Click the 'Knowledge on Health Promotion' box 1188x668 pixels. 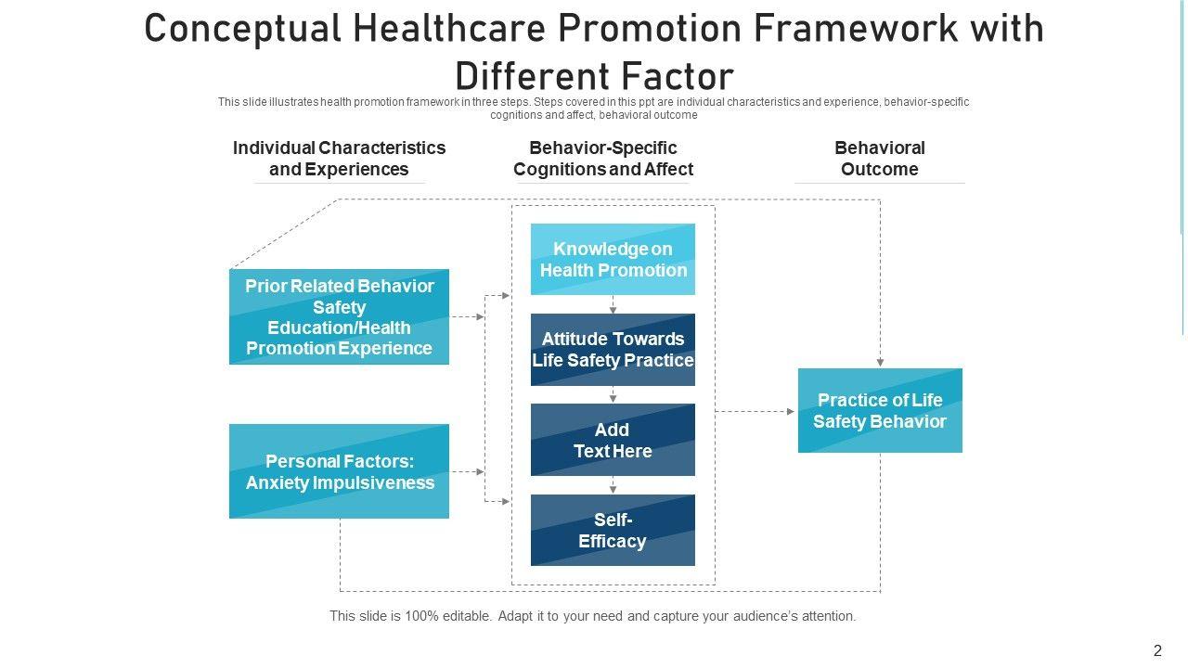pos(613,260)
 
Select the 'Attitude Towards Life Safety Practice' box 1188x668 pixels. pos(613,350)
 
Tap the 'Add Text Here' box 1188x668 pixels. pos(613,440)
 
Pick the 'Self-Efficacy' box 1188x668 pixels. pos(613,530)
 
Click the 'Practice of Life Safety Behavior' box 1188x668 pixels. pos(880,410)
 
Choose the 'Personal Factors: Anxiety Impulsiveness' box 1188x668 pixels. pos(339,471)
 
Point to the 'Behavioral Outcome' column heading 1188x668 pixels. pos(880,159)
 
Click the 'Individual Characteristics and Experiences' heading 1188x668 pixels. pos(339,159)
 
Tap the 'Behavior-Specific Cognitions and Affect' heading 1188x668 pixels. pos(603,159)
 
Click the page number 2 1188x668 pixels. pos(1157,651)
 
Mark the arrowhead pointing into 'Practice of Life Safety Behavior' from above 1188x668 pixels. pos(880,362)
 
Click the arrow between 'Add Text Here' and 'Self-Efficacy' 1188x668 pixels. pos(613,485)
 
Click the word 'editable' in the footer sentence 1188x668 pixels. pos(465,616)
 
